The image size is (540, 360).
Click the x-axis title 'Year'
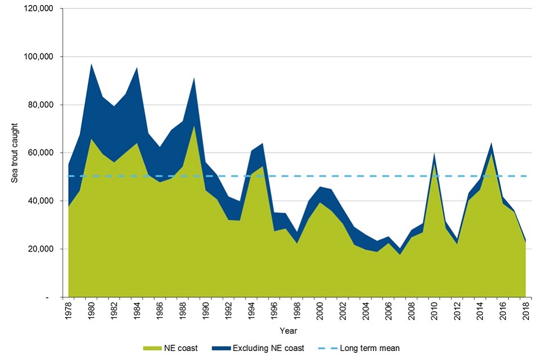pyautogui.click(x=290, y=330)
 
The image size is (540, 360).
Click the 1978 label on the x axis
pyautogui.click(x=69, y=310)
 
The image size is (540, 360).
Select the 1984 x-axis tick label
pyautogui.click(x=137, y=310)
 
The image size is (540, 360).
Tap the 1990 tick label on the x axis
pyautogui.click(x=205, y=310)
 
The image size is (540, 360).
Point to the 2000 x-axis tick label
pyautogui.click(x=319, y=310)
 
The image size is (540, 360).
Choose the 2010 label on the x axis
pyautogui.click(x=434, y=310)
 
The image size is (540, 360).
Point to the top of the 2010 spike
pyautogui.click(x=434, y=154)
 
